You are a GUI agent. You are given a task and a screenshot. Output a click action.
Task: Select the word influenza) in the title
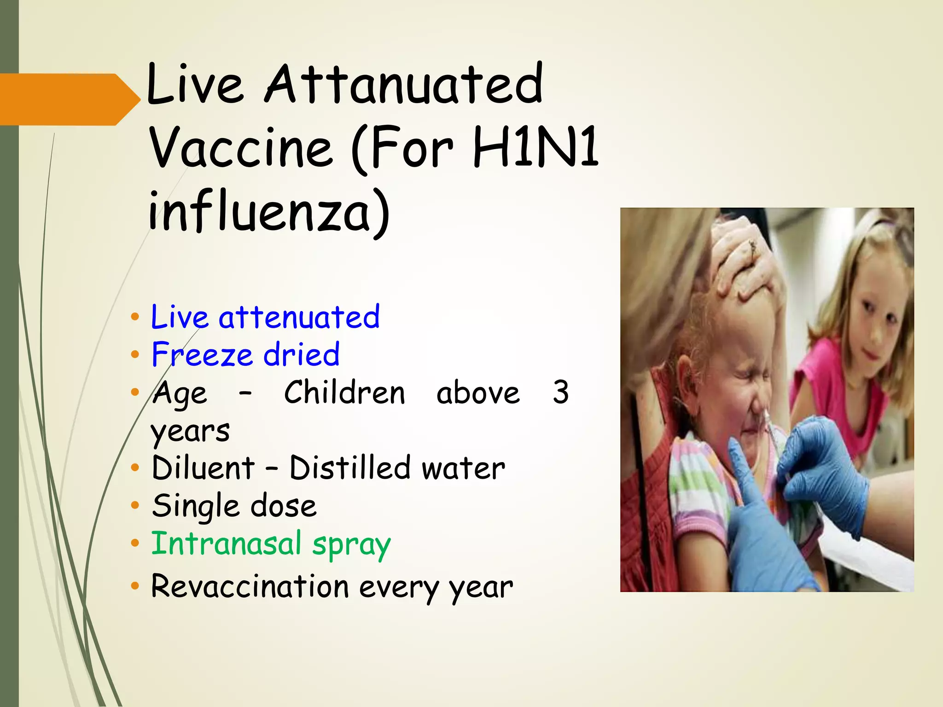click(269, 212)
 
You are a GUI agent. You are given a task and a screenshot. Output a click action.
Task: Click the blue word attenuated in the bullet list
click(299, 317)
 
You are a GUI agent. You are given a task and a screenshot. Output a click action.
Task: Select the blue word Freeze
click(202, 355)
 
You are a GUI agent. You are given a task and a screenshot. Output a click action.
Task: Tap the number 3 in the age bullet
click(560, 393)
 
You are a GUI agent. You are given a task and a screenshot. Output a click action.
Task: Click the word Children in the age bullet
click(344, 393)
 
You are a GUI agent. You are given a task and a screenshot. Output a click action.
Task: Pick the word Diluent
click(203, 468)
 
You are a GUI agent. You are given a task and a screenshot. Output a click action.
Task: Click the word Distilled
click(350, 468)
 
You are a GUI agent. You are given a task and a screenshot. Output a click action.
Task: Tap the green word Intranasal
click(226, 544)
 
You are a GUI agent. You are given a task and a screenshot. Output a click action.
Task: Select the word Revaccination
click(250, 587)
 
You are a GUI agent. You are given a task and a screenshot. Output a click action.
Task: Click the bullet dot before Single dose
click(134, 505)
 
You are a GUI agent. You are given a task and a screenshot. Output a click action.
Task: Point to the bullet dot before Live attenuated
click(134, 317)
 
